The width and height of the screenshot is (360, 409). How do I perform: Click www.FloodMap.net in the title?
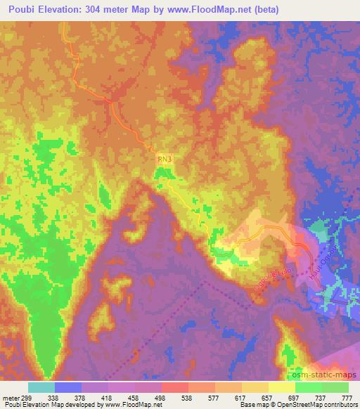point(214,8)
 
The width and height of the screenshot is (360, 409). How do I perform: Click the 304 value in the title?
point(90,8)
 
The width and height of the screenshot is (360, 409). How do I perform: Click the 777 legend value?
point(347,397)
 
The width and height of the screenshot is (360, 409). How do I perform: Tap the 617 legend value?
point(241,397)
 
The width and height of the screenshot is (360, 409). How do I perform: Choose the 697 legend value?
point(294,397)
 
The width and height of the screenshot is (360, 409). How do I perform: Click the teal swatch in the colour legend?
point(41,387)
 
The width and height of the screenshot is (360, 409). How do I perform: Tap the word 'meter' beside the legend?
point(12,397)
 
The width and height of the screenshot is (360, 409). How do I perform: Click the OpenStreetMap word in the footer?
point(295,405)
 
